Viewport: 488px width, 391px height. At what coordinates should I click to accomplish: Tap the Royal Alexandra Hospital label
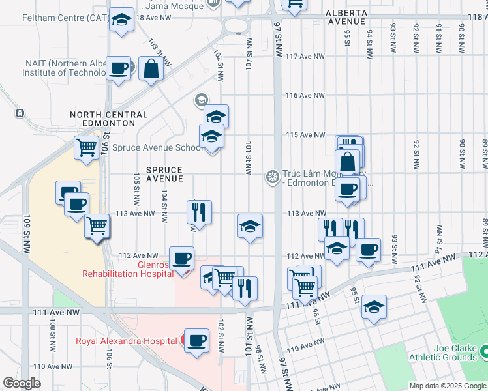coord(125,340)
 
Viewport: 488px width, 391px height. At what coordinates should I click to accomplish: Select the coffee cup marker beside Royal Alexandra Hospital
coord(196,340)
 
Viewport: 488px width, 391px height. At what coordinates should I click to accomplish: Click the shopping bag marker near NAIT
coord(151,68)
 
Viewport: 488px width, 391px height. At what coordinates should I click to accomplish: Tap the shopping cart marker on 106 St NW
coord(86,148)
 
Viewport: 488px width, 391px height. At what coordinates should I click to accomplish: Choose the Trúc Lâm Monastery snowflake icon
coord(272,177)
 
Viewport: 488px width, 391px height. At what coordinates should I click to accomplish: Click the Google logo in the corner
coord(22,383)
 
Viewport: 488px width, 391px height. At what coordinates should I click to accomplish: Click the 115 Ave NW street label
coord(305,135)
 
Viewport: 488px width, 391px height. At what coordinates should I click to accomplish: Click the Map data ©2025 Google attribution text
coord(447,386)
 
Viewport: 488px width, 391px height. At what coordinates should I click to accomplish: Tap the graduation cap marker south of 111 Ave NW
coord(374,307)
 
